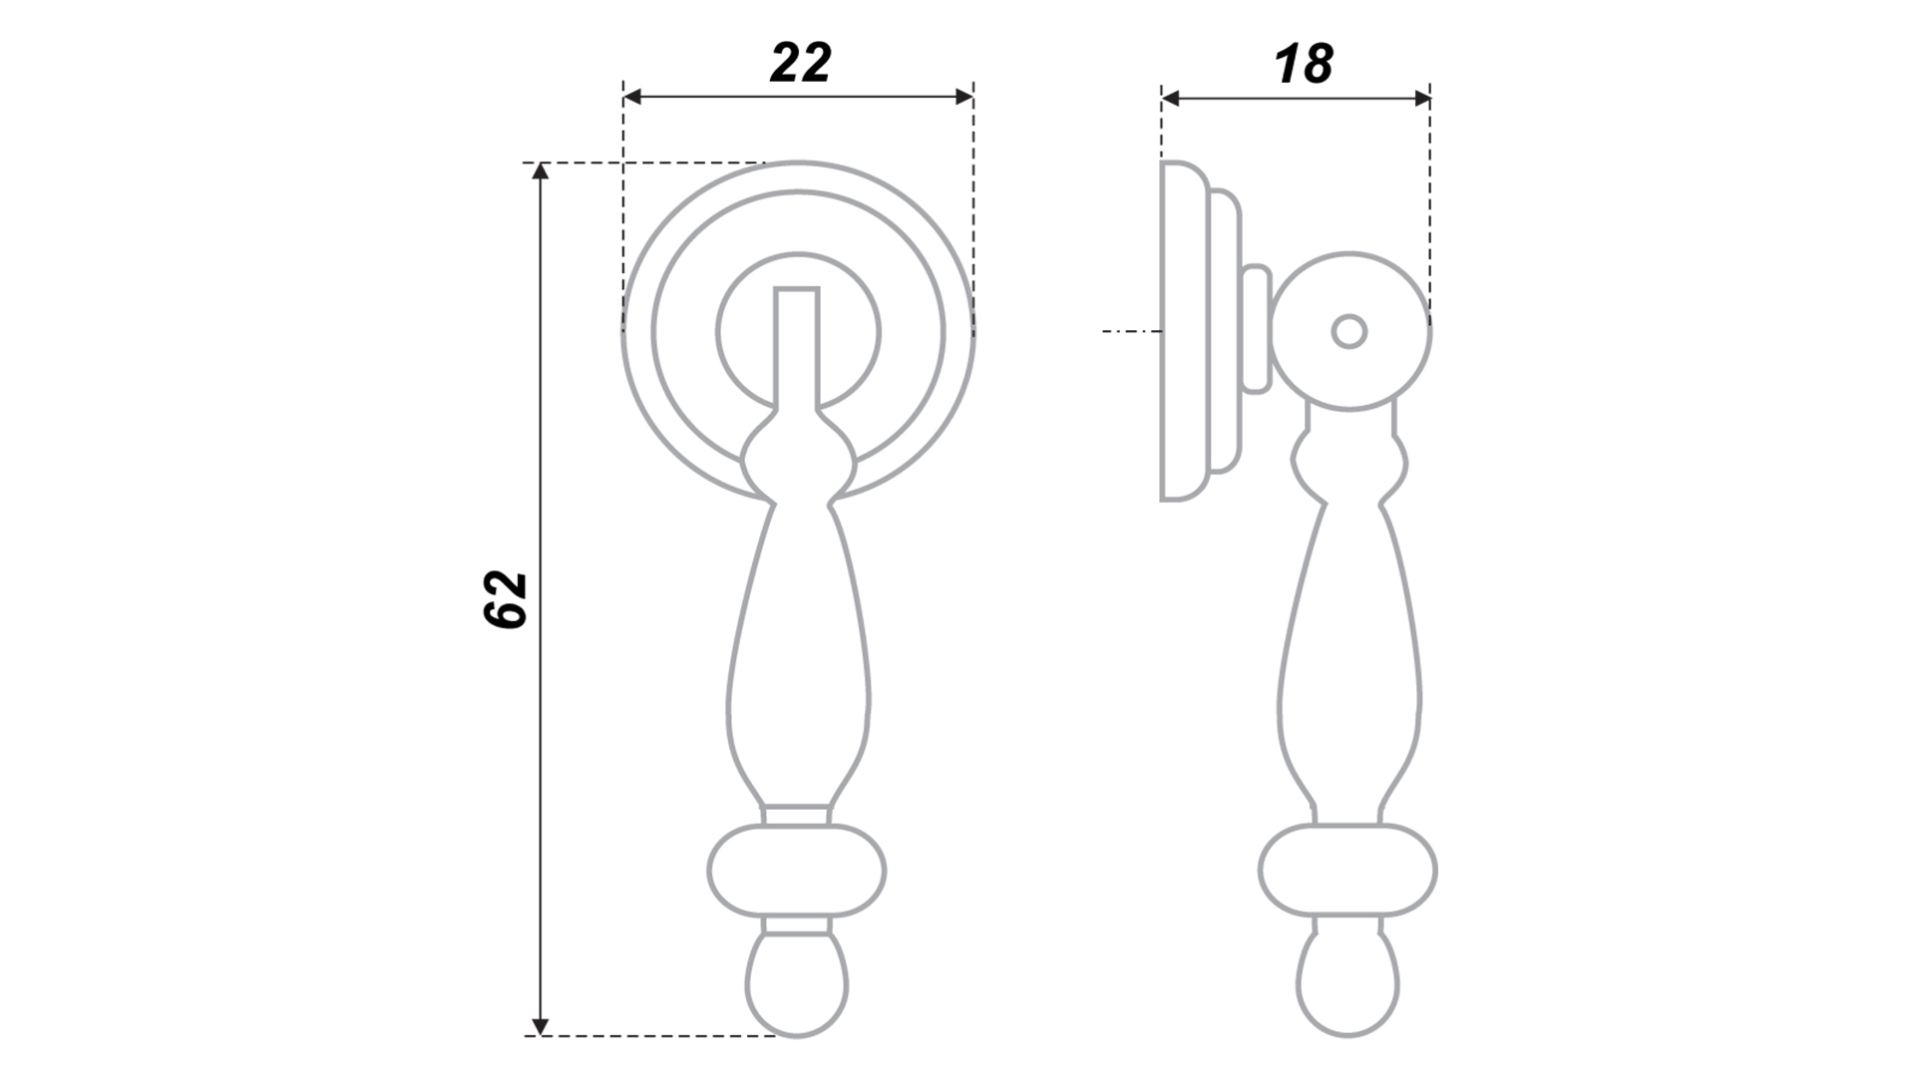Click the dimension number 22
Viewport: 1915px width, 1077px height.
coord(800,64)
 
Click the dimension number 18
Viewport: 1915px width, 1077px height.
coord(1304,65)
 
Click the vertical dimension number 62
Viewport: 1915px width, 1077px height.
coord(505,598)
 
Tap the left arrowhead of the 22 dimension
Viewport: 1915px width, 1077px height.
coord(632,97)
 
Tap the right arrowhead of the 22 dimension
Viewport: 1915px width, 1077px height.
coord(963,97)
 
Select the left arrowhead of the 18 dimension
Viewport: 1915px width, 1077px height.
coord(1171,98)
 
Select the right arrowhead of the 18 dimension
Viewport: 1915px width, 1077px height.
coord(1421,98)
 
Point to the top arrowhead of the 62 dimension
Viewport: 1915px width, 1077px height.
coord(541,172)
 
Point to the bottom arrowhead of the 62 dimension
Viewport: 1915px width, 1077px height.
coord(541,1026)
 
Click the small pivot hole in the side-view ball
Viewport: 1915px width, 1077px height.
coord(1349,332)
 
